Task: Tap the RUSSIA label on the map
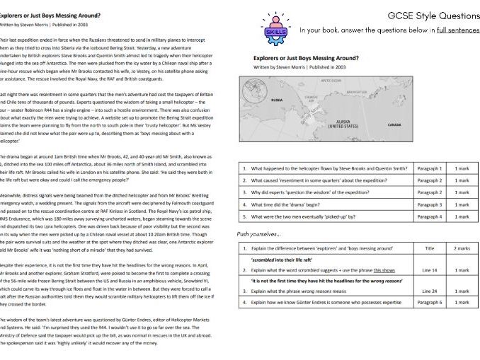click(x=277, y=100)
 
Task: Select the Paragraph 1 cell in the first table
click(x=430, y=168)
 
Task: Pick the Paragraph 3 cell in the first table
click(x=430, y=204)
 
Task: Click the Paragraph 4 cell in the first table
click(x=430, y=216)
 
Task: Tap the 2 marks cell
click(x=462, y=249)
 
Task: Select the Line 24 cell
click(x=430, y=291)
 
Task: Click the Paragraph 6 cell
click(x=430, y=302)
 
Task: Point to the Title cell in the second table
click(x=430, y=249)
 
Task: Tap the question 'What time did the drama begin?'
click(x=287, y=204)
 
